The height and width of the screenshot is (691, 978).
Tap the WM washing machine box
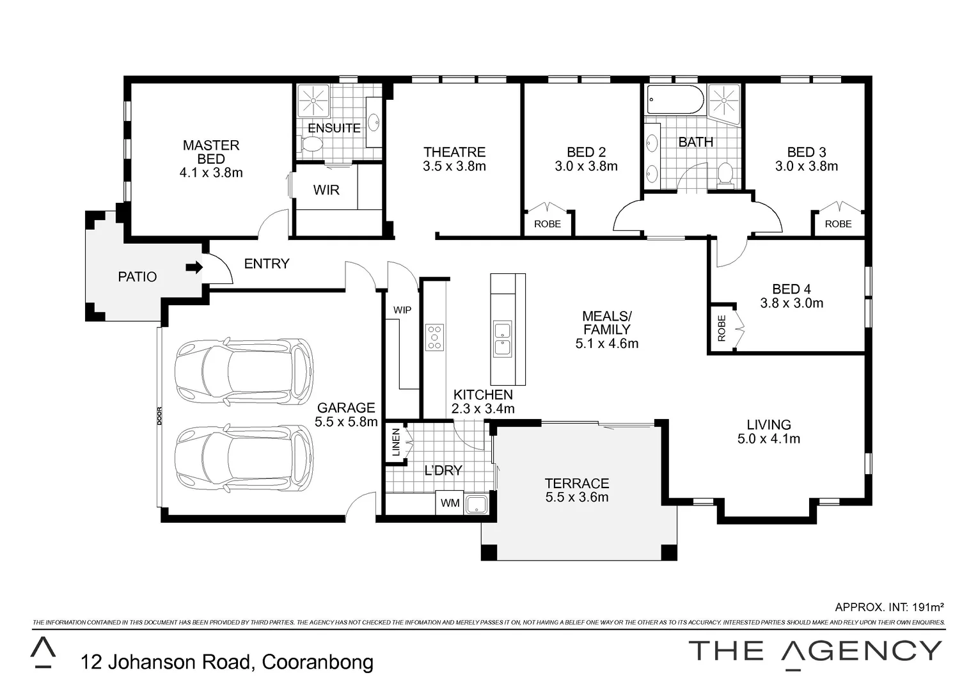(450, 503)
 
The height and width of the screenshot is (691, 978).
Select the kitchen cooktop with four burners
(434, 337)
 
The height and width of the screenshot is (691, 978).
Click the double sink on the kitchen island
(502, 339)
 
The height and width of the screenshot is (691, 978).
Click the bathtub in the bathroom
(675, 100)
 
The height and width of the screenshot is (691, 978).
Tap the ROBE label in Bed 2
(547, 224)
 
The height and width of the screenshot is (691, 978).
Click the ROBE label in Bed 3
(838, 224)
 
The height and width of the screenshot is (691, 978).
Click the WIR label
(326, 190)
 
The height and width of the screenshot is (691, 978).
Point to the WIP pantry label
(402, 310)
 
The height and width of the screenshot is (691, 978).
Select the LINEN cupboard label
(396, 442)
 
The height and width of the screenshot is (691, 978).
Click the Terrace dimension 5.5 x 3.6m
(576, 497)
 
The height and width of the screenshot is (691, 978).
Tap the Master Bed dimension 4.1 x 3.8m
(211, 173)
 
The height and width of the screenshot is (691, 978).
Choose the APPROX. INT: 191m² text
(889, 607)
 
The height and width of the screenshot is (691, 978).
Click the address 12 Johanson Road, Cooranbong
(227, 662)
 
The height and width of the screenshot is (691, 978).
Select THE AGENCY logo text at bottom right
(816, 651)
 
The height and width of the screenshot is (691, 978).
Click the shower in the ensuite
(313, 100)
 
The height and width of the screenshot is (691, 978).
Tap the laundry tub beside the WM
(477, 504)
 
